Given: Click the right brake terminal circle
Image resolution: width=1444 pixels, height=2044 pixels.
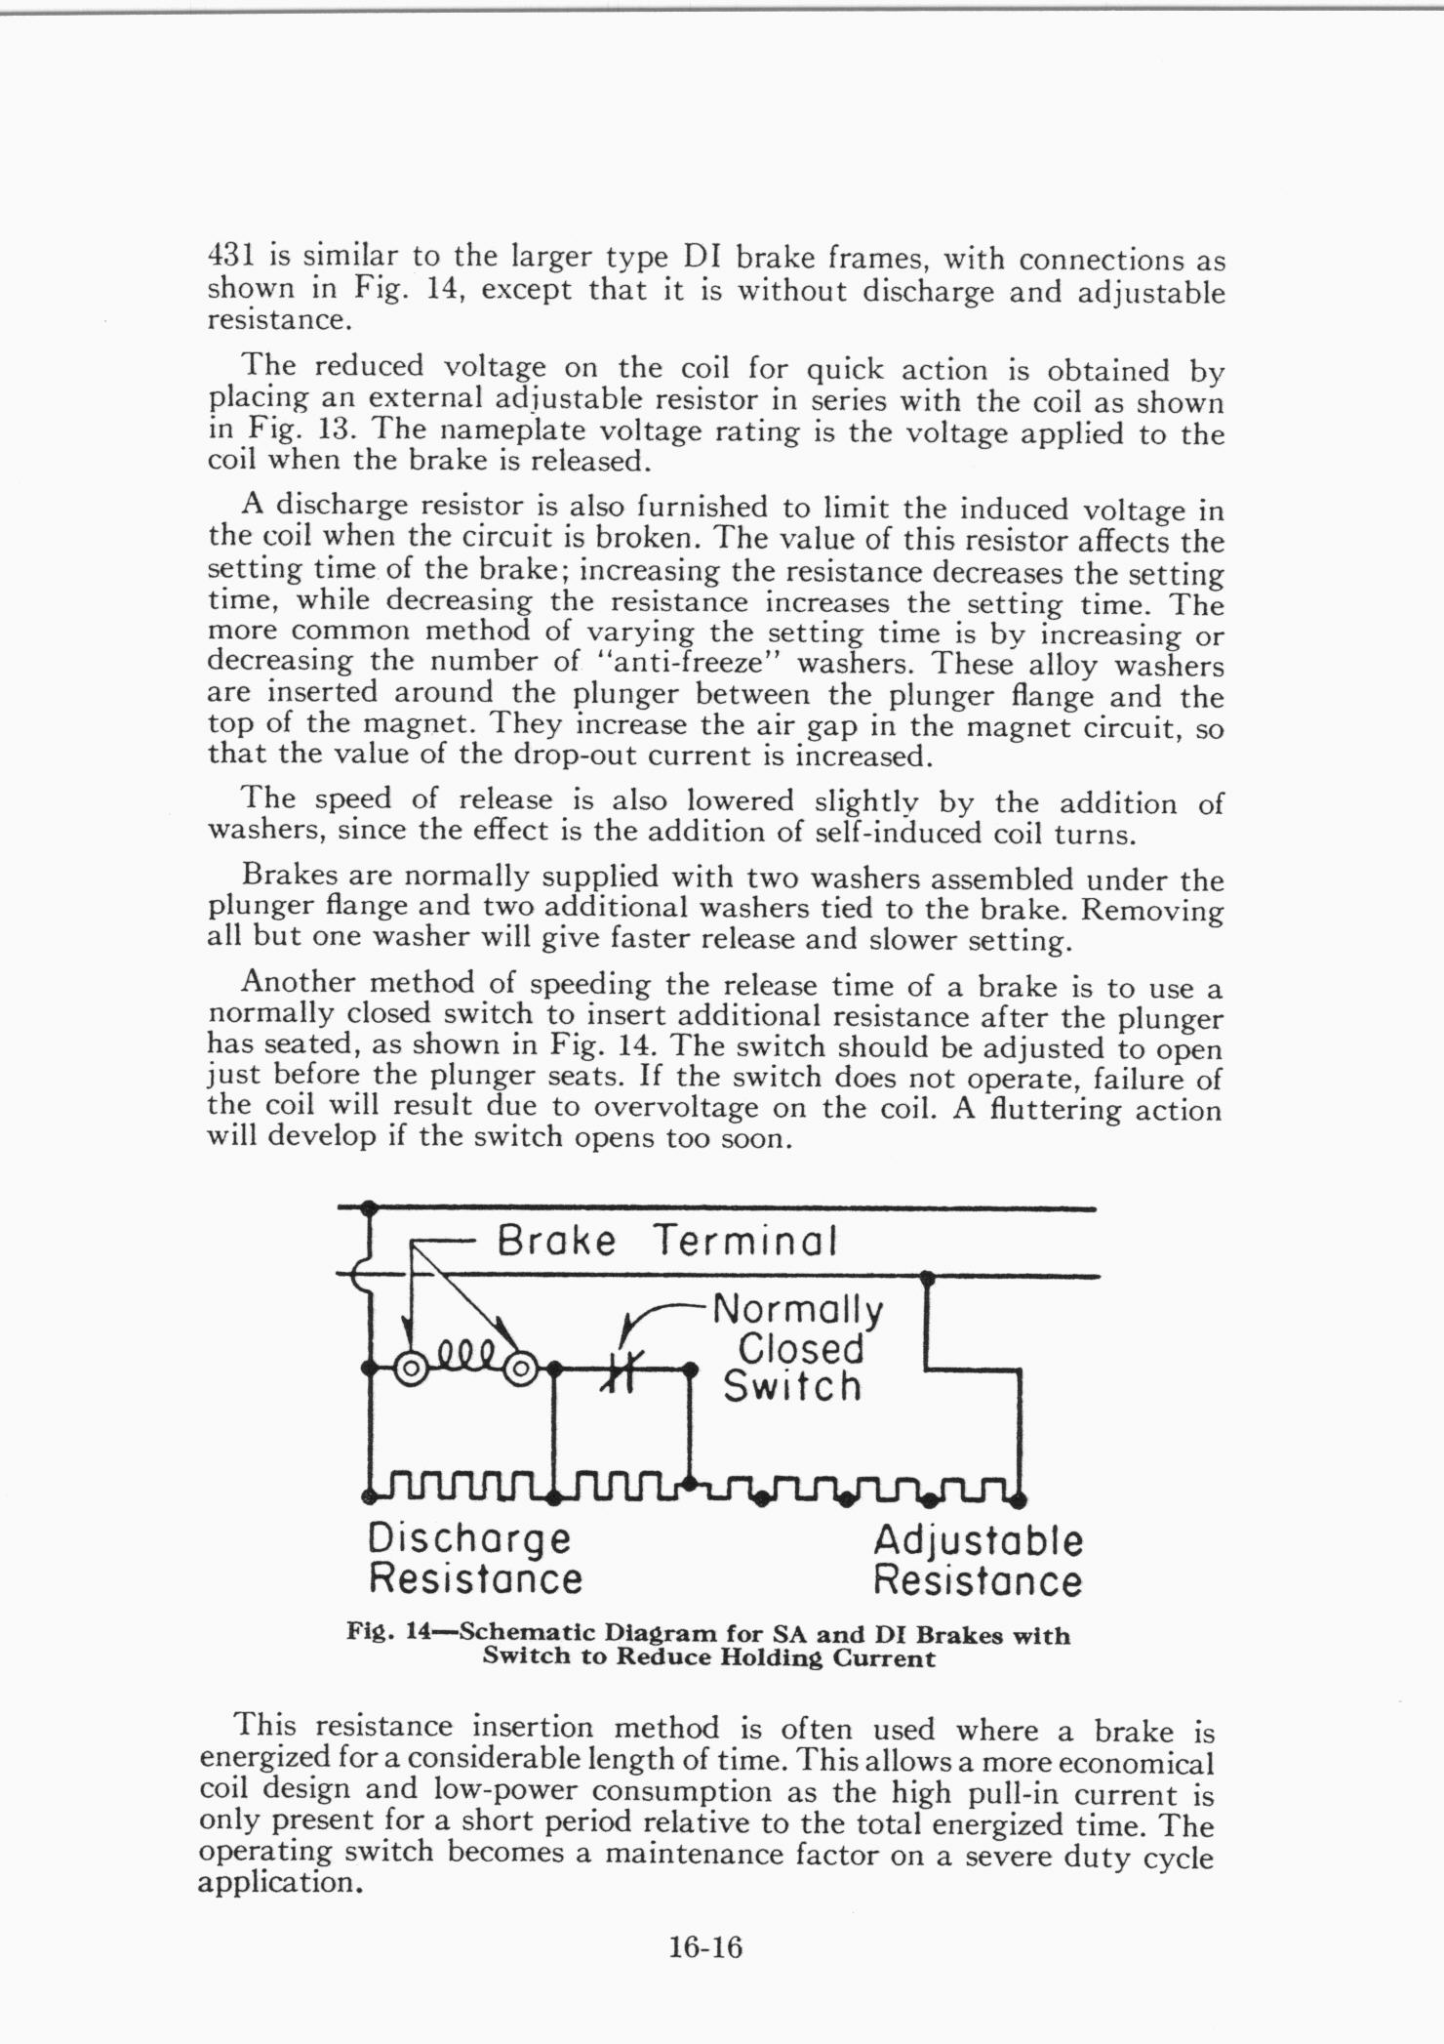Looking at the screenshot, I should pyautogui.click(x=521, y=1369).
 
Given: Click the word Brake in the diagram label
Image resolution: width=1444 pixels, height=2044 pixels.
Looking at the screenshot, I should pyautogui.click(x=556, y=1241).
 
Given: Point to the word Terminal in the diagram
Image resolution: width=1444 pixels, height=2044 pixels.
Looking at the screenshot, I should pyautogui.click(x=744, y=1241).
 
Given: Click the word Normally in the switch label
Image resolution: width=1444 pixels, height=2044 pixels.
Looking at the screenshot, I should pyautogui.click(x=797, y=1309).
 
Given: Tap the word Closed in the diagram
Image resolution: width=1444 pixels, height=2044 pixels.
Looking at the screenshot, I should pyautogui.click(x=800, y=1348).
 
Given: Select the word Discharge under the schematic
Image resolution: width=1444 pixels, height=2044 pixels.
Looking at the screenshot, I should pyautogui.click(x=469, y=1539).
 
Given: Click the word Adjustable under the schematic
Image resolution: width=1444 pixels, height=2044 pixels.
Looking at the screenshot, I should pyautogui.click(x=978, y=1541).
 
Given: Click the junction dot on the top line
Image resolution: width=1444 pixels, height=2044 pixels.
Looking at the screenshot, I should pyautogui.click(x=369, y=1207).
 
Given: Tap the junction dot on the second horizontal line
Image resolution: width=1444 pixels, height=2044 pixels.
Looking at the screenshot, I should pyautogui.click(x=928, y=1276).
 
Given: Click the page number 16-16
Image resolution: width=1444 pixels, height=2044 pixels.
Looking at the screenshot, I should pyautogui.click(x=705, y=1947).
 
